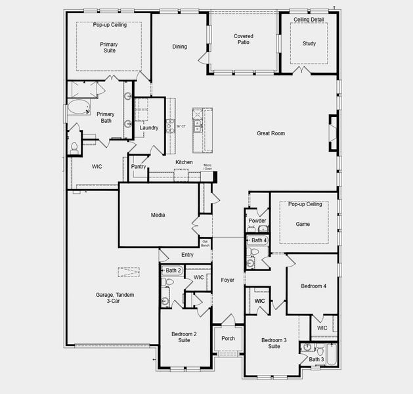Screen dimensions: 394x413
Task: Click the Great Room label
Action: (271, 133)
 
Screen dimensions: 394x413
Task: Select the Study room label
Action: (309, 44)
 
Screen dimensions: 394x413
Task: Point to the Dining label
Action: (179, 47)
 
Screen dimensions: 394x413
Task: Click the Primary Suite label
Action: (109, 47)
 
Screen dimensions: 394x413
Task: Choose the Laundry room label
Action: (148, 127)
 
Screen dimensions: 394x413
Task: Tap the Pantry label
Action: (139, 167)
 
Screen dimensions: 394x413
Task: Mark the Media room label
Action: (158, 215)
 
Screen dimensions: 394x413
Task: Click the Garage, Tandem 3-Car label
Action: (110, 299)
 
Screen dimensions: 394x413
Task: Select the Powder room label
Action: (257, 221)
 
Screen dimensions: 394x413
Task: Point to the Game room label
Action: (303, 224)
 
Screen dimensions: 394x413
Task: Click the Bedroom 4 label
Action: (314, 286)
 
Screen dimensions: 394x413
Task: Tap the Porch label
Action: (228, 339)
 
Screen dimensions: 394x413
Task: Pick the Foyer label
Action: (227, 280)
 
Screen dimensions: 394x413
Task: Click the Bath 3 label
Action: (316, 359)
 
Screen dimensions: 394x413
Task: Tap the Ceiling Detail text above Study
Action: (309, 20)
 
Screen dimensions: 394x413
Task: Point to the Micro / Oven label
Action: (207, 167)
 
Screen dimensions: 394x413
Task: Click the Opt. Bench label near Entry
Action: (206, 244)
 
